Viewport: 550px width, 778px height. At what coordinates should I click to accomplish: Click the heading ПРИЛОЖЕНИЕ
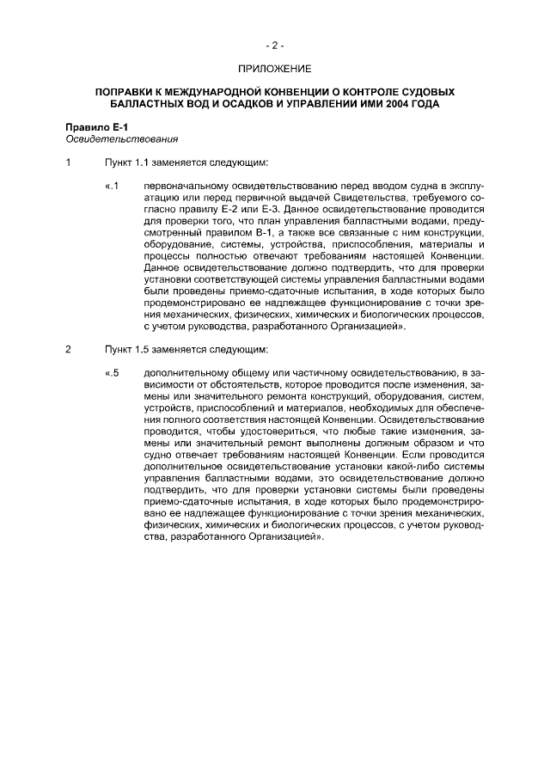pyautogui.click(x=275, y=66)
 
